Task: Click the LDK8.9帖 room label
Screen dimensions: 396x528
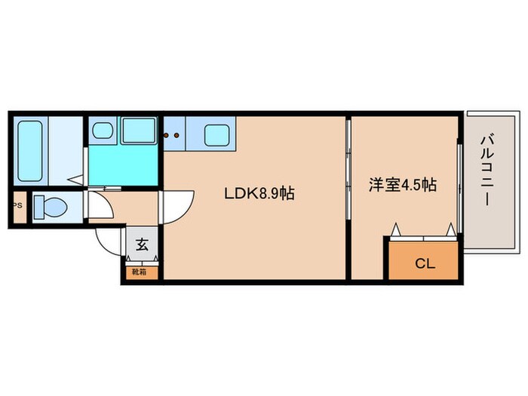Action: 259,193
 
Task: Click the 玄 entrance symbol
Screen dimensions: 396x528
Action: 142,244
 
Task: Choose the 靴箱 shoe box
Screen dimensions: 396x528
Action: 141,271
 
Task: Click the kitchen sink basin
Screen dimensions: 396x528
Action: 219,136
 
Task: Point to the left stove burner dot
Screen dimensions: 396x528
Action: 168,137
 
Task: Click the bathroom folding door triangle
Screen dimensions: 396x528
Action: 76,180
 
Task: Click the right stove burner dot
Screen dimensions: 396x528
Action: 177,137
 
